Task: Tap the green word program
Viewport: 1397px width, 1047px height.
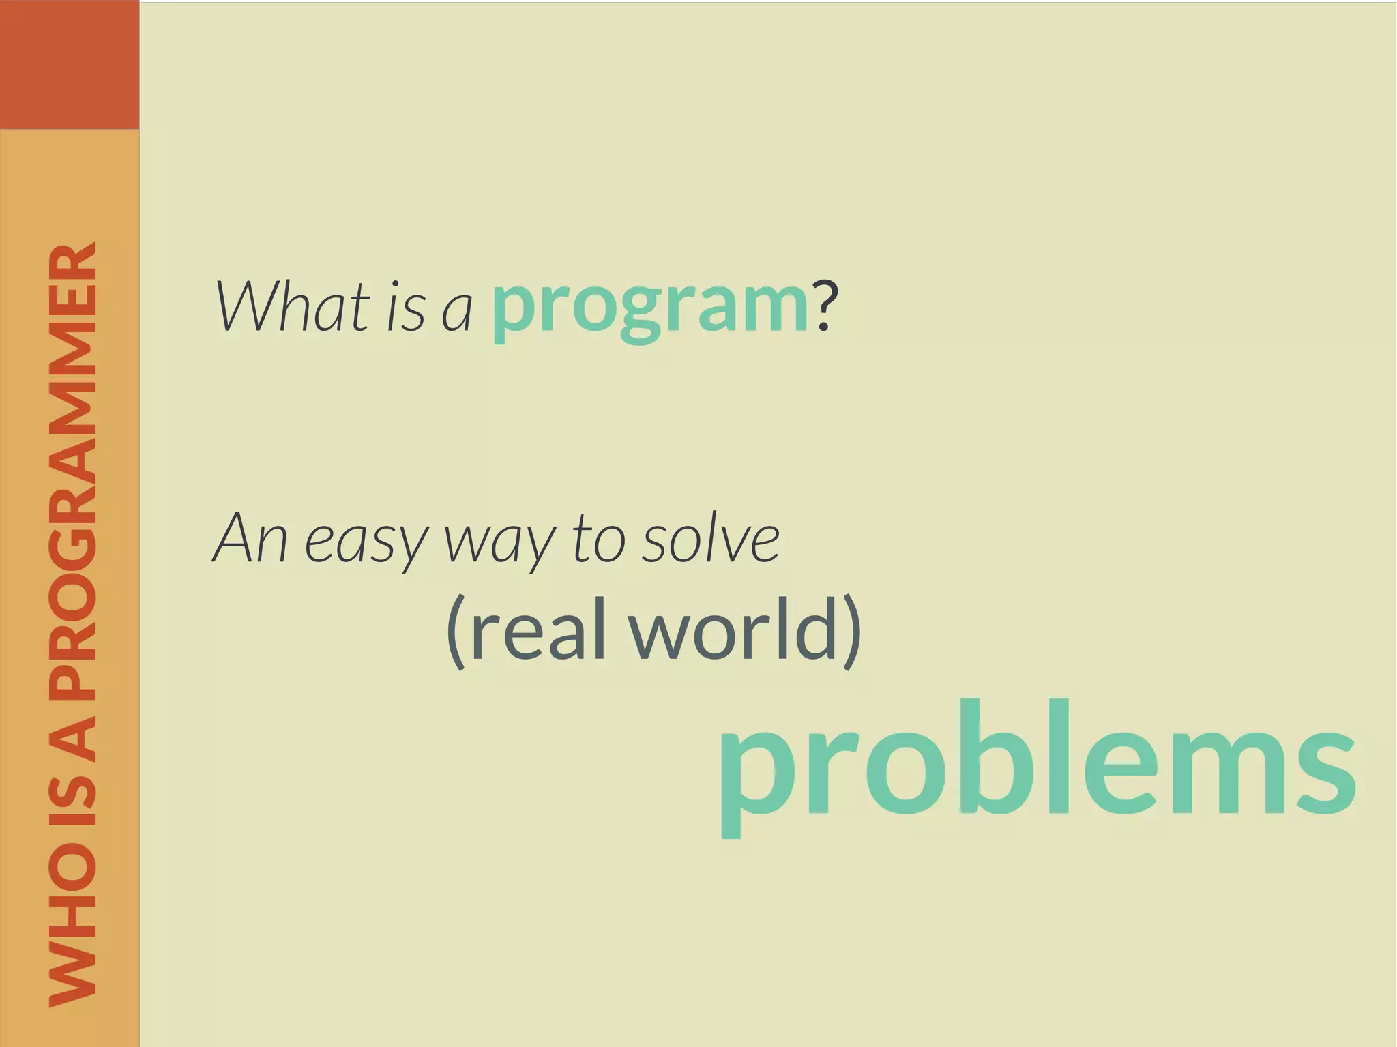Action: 649,307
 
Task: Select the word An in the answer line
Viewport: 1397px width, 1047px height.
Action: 250,538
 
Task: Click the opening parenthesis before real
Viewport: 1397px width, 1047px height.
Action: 456,631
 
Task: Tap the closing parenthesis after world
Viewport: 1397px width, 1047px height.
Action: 851,631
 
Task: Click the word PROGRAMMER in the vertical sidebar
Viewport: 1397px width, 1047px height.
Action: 72,471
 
